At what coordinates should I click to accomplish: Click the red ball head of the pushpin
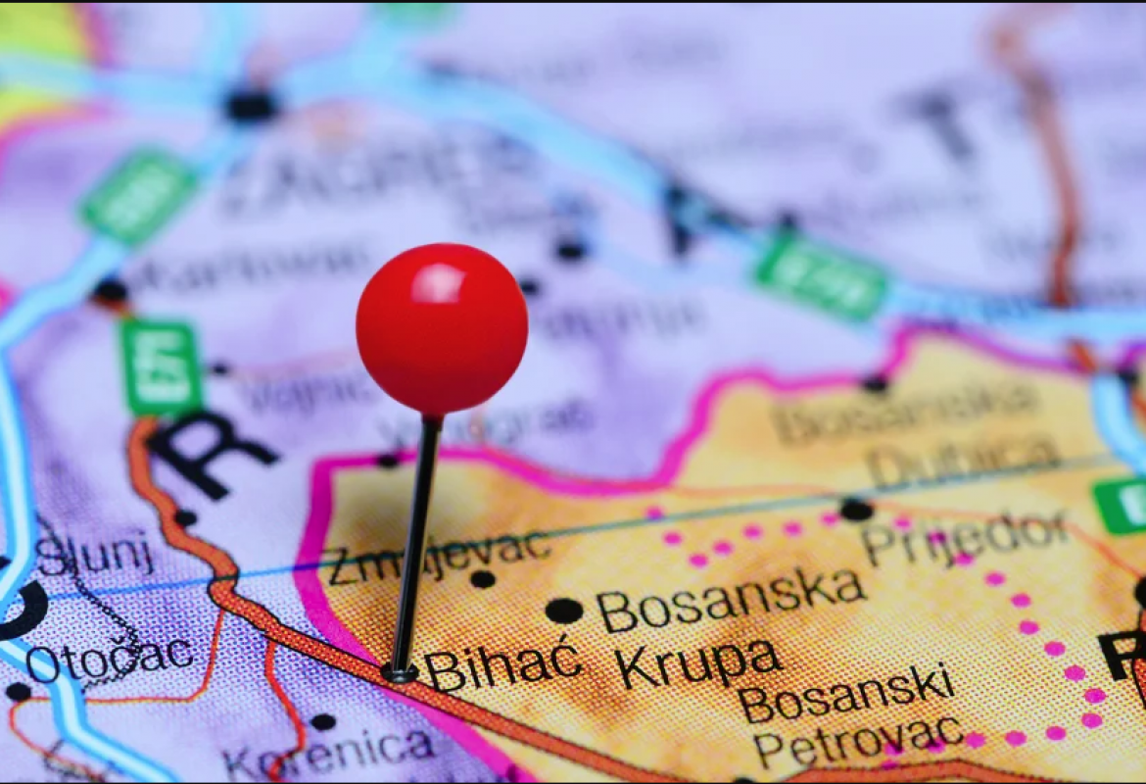click(442, 328)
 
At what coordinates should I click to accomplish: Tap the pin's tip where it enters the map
click(399, 672)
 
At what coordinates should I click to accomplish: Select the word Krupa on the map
click(698, 664)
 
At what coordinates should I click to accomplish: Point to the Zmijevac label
click(438, 556)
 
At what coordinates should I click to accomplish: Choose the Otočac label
click(110, 659)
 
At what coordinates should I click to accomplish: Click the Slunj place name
click(95, 555)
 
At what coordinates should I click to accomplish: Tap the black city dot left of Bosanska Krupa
click(563, 611)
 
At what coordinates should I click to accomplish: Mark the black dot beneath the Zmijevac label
click(482, 579)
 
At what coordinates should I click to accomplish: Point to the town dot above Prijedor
click(856, 509)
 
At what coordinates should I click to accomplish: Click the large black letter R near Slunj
click(209, 453)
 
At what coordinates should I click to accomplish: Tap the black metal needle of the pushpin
click(417, 539)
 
